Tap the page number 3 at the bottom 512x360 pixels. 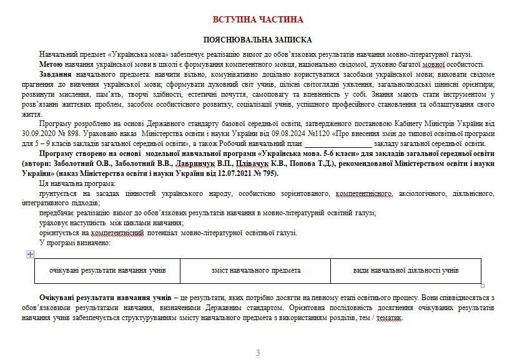(257, 353)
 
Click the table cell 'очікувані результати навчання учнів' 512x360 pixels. (107, 271)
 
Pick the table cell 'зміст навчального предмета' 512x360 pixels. (256, 271)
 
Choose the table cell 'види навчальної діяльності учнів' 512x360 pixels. (406, 271)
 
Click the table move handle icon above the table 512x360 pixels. (29, 254)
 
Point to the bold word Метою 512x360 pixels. (51, 64)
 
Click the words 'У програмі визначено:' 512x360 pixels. (75, 242)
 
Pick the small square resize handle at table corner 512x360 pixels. (483, 285)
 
